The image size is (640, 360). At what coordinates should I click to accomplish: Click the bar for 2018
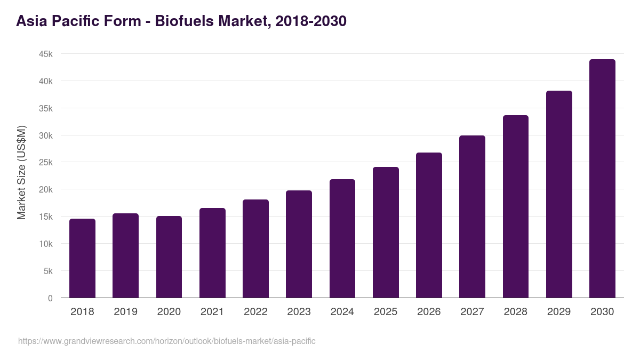[x=82, y=258]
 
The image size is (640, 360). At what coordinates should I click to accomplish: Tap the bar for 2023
[x=299, y=244]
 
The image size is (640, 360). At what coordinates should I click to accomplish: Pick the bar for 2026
[x=429, y=225]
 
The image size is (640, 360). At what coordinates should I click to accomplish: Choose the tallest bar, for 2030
[x=602, y=178]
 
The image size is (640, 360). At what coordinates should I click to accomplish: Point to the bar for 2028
[x=515, y=206]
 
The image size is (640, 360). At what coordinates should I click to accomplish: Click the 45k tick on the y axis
[x=45, y=54]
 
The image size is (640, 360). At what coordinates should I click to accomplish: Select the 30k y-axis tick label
[x=45, y=135]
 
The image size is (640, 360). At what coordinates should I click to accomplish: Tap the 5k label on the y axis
[x=47, y=271]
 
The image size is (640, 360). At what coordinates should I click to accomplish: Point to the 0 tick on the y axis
[x=50, y=298]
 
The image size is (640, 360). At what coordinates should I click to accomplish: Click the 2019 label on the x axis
[x=125, y=312]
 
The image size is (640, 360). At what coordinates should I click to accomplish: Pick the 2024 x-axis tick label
[x=342, y=312]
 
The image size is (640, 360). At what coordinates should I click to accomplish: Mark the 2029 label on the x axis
[x=559, y=312]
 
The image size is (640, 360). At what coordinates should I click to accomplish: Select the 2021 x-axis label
[x=212, y=312]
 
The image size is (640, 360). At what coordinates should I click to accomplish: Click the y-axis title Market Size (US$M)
[x=21, y=172]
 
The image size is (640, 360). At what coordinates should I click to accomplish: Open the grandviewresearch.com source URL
[x=167, y=341]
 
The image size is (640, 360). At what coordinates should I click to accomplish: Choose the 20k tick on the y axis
[x=45, y=190]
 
